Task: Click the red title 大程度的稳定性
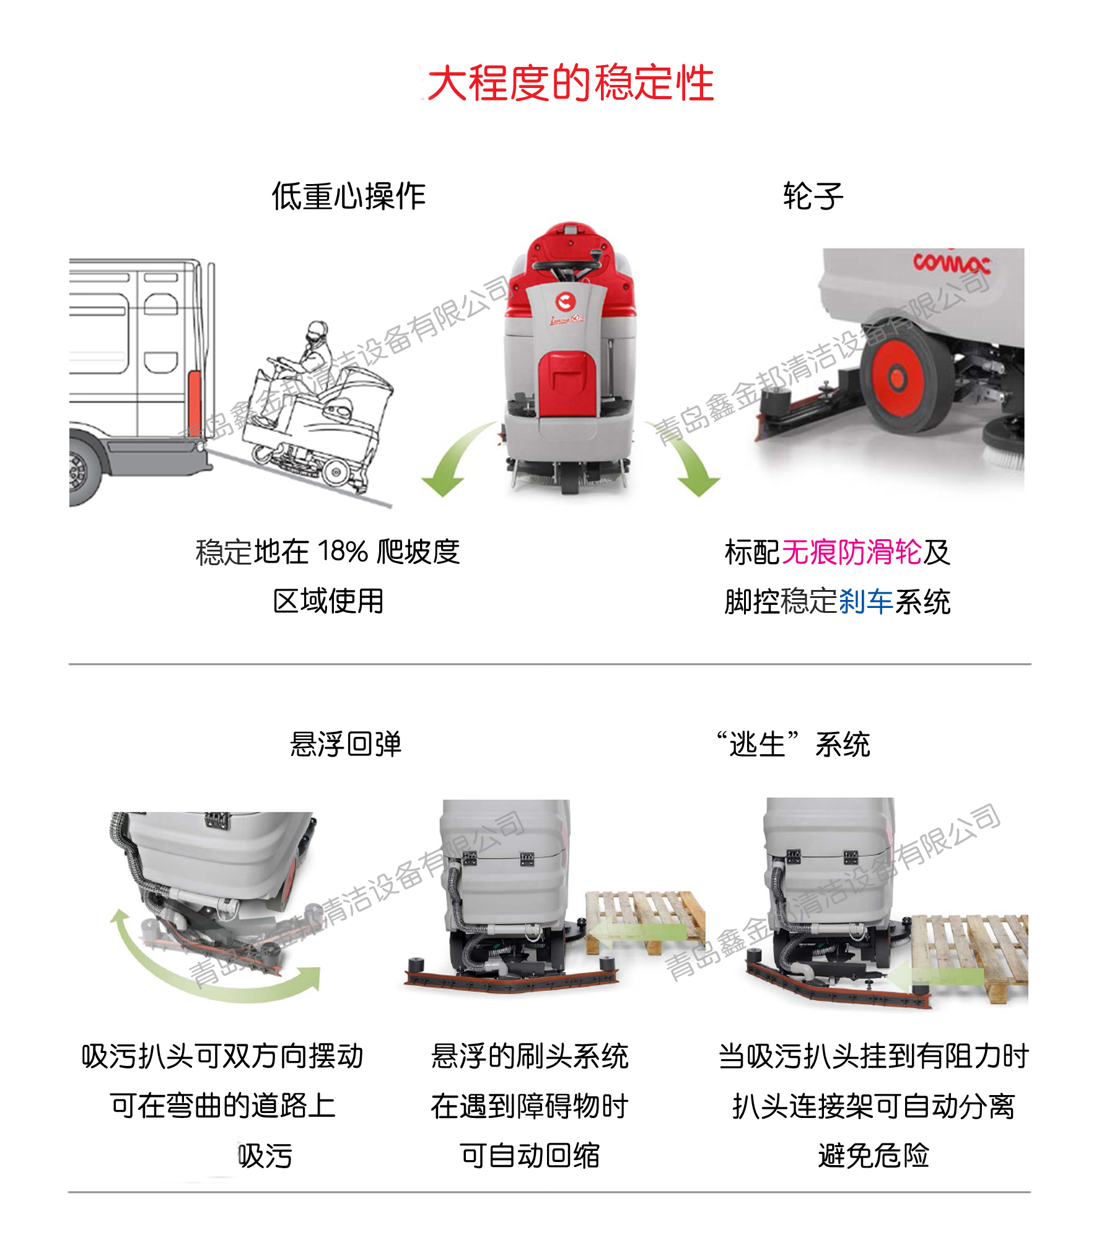tap(570, 83)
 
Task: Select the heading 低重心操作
tap(348, 196)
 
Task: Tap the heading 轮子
tap(813, 196)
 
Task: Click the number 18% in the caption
tap(343, 551)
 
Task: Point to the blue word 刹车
tap(865, 601)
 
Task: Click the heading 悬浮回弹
tap(346, 744)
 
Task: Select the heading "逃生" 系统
tap(794, 744)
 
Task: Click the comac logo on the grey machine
tap(951, 263)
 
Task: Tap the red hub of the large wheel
tap(896, 376)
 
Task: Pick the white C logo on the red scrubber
tap(565, 302)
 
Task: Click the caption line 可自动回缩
tap(530, 1156)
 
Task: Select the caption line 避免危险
tap(874, 1156)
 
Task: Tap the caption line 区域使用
tap(328, 601)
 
